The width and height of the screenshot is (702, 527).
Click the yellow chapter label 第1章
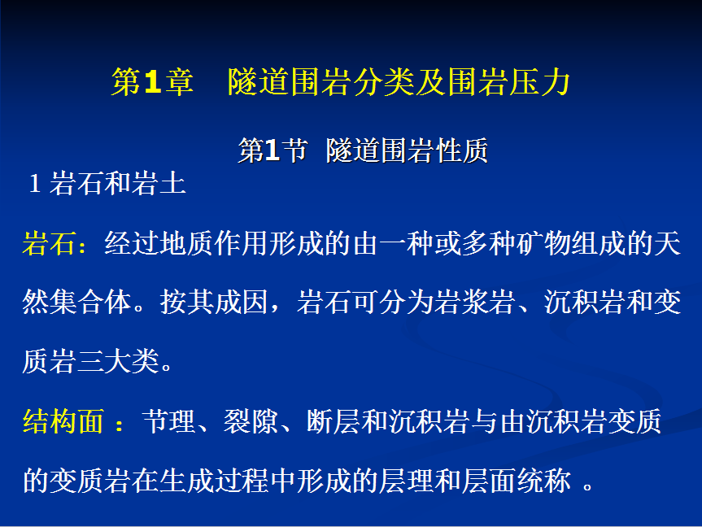152,82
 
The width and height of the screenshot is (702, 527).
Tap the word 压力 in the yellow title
539,82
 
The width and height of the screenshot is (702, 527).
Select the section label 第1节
273,150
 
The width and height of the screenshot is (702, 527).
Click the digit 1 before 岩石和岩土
34,184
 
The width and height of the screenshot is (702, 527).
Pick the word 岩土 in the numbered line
159,183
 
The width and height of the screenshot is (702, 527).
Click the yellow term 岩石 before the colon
49,244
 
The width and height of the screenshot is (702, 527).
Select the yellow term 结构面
63,422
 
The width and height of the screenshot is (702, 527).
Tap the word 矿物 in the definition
543,244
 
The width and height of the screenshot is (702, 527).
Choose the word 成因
242,302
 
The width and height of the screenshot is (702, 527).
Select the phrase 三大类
118,361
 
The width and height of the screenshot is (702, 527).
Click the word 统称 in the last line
543,481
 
